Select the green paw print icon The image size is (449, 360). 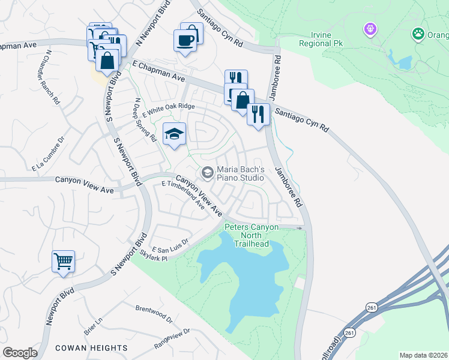click(x=417, y=34)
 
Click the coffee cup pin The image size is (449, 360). click(x=185, y=41)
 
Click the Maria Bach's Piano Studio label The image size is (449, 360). click(x=240, y=173)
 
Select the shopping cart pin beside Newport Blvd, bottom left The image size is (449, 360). click(x=63, y=261)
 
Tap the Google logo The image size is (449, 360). click(x=20, y=353)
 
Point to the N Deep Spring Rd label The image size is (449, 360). click(x=146, y=120)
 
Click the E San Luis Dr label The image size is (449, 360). click(x=170, y=245)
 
